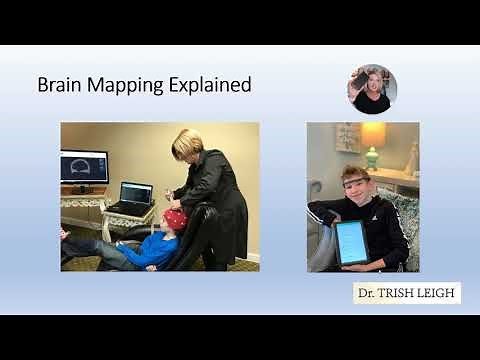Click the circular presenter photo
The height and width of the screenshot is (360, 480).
(372, 89)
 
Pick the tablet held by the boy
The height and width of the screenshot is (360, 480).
(351, 243)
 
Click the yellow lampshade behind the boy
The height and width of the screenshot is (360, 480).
(374, 135)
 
